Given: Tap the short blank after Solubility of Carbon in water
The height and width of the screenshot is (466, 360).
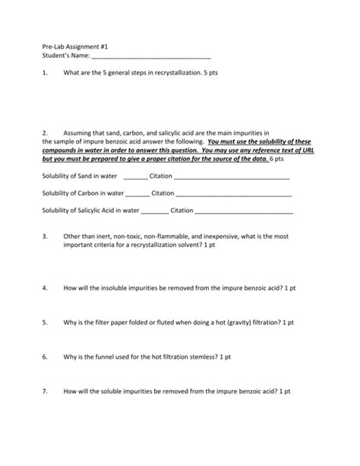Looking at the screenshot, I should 137,193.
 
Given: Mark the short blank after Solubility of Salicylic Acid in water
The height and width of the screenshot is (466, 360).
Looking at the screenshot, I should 154,211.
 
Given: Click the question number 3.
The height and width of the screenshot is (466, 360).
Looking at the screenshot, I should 45,236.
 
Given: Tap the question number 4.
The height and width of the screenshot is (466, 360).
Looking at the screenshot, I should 45,289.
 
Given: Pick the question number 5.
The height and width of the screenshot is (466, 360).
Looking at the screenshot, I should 45,322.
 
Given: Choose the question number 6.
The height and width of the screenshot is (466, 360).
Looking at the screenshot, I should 45,356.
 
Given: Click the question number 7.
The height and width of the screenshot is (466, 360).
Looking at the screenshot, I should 45,391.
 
